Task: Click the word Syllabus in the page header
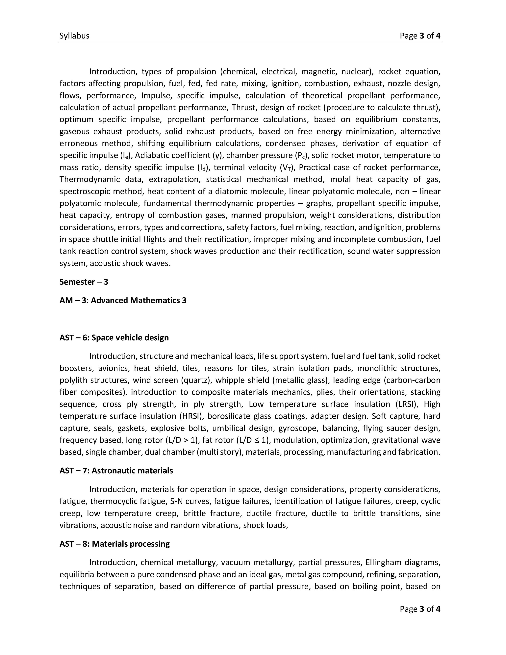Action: (74, 36)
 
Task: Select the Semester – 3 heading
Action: (84, 282)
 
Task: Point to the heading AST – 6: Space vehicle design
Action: (114, 338)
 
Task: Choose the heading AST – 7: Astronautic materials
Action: (116, 471)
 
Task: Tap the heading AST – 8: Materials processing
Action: (114, 544)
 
